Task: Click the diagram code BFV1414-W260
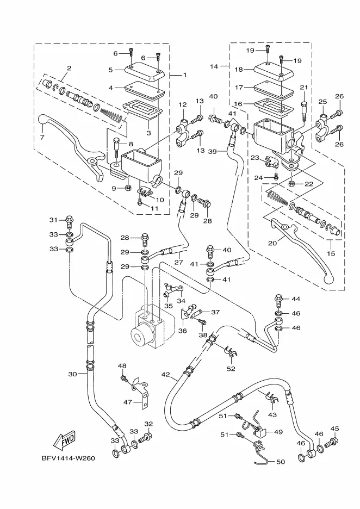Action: tap(67, 458)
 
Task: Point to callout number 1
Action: tap(185, 75)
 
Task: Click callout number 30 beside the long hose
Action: tap(73, 374)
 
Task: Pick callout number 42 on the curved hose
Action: tap(165, 375)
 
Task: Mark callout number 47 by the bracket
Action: tap(127, 402)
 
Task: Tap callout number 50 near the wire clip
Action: tap(281, 462)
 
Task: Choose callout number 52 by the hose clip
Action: tap(231, 369)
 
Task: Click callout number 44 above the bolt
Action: tap(296, 299)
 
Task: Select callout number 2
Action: tap(69, 69)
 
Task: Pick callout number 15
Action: tap(331, 253)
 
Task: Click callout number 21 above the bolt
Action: tap(303, 88)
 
